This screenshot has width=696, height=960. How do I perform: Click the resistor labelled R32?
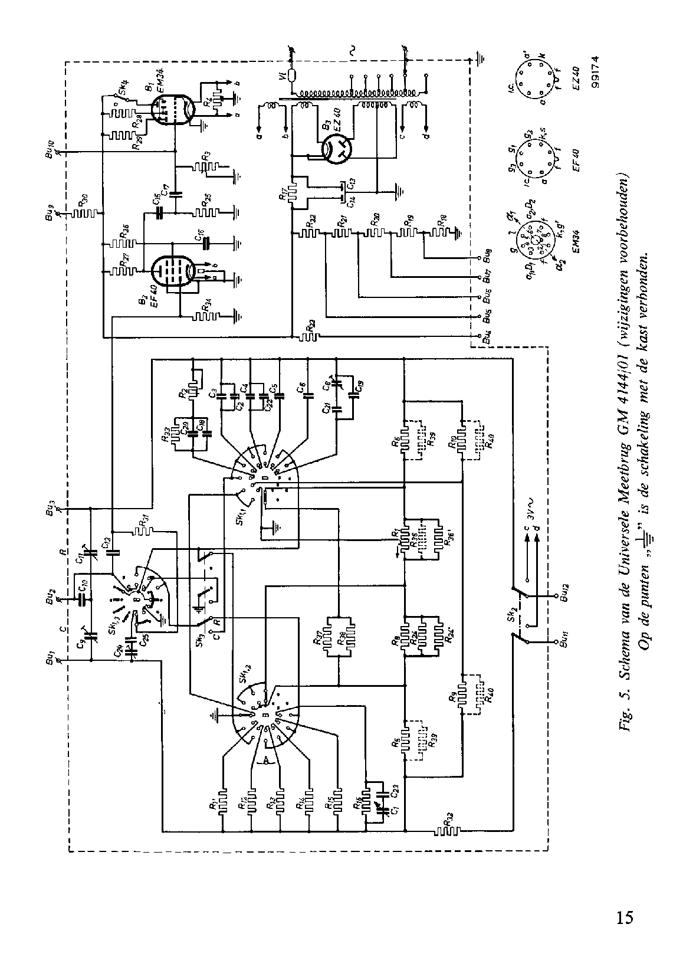click(x=448, y=832)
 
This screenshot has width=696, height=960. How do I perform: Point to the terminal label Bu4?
click(x=486, y=339)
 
